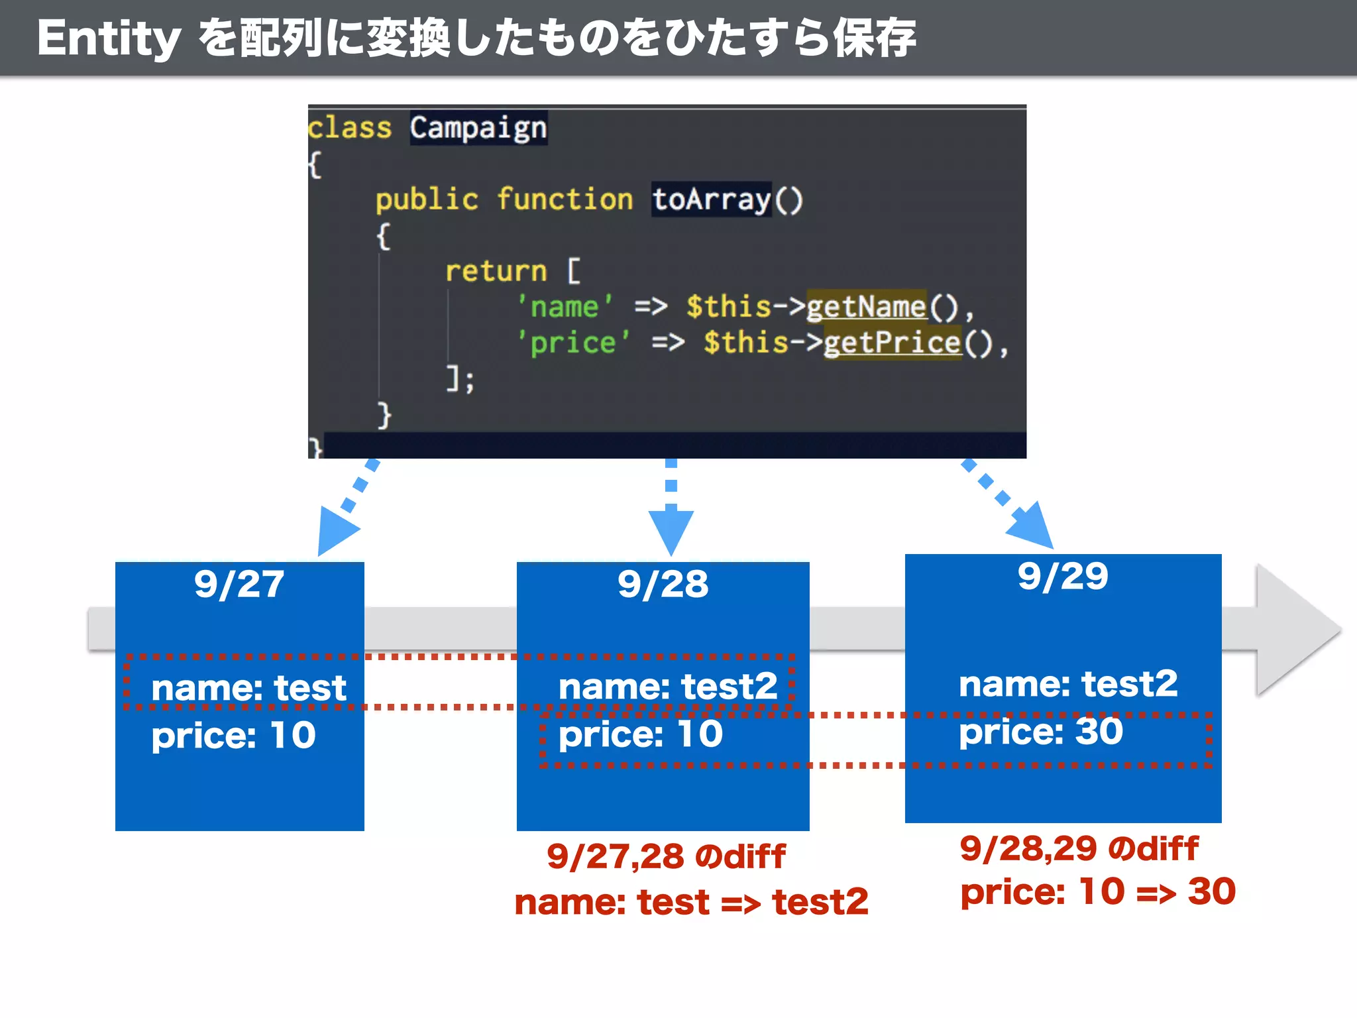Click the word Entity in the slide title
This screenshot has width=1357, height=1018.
(x=109, y=38)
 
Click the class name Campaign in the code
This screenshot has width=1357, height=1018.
(x=478, y=127)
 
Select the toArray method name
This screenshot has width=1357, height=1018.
(x=711, y=199)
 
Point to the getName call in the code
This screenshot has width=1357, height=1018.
(x=866, y=307)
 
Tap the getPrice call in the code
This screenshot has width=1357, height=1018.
(x=892, y=343)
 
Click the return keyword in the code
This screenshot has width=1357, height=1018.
(x=496, y=271)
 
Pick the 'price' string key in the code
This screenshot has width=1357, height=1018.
(x=573, y=343)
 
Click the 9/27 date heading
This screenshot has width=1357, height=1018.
(x=239, y=585)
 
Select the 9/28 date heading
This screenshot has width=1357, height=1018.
(x=663, y=585)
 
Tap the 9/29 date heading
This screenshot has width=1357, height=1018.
(x=1063, y=576)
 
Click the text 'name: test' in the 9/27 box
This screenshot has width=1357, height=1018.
(x=248, y=688)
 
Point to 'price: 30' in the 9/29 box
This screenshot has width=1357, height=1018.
(x=1041, y=732)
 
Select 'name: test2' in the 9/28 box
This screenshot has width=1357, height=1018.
(x=668, y=687)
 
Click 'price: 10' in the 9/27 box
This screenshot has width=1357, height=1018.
(x=233, y=736)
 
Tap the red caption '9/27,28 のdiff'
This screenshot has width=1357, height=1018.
(x=666, y=856)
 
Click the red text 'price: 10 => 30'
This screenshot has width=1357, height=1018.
(x=1098, y=891)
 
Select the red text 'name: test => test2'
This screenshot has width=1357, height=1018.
(x=691, y=902)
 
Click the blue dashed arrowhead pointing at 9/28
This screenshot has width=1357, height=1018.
(x=671, y=530)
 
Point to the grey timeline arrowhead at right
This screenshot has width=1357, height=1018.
(x=1295, y=630)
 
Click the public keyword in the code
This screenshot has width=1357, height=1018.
(x=427, y=199)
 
